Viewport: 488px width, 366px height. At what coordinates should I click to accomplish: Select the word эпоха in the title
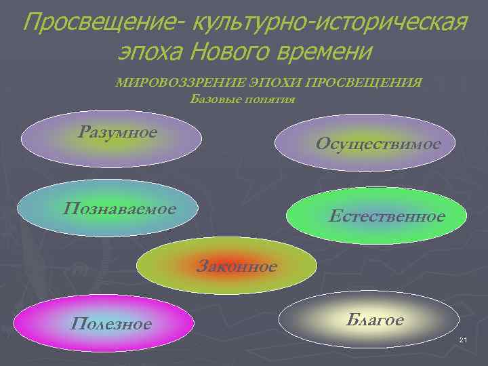(150, 51)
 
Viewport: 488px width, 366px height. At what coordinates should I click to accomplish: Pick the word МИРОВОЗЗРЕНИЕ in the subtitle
(172, 83)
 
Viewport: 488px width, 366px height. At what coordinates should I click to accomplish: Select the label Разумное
(117, 131)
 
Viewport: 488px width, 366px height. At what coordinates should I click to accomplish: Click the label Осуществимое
(378, 144)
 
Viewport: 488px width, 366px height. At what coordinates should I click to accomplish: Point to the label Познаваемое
(119, 207)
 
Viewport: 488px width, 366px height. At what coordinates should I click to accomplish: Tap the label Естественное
(386, 216)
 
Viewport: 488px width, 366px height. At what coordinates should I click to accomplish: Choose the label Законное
(237, 266)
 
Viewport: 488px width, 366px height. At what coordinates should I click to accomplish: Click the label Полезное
(111, 324)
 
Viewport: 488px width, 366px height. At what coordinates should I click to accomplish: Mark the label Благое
(374, 319)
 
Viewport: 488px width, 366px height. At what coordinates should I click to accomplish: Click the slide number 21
(464, 339)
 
